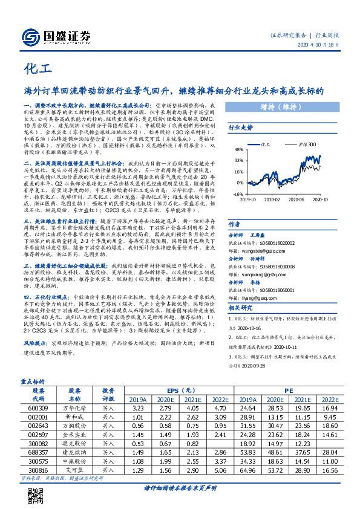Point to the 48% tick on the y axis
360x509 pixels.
pos(240,149)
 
